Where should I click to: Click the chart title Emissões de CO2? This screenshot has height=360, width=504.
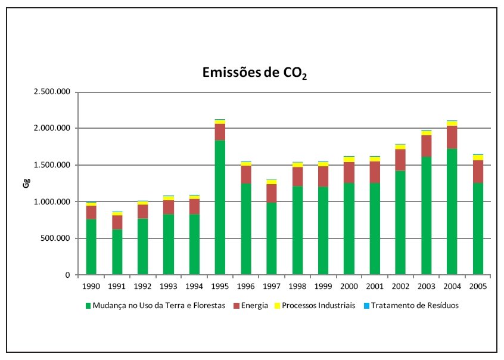(x=254, y=74)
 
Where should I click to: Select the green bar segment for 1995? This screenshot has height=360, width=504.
(x=219, y=207)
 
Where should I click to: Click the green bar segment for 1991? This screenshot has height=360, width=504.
(x=117, y=252)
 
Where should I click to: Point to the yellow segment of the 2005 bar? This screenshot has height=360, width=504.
(x=478, y=157)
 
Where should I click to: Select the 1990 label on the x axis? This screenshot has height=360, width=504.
(x=91, y=286)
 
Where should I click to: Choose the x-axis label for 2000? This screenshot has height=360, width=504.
(x=349, y=286)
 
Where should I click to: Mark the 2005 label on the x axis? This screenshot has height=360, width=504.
(x=478, y=286)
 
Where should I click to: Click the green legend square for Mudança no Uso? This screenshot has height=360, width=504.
(x=89, y=306)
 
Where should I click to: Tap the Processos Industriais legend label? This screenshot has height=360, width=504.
(x=319, y=306)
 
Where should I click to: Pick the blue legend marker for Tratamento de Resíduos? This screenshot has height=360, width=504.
(x=366, y=306)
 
